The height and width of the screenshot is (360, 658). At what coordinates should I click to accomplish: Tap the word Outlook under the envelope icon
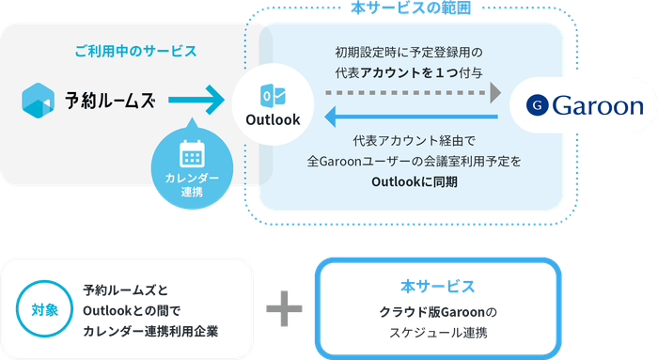coord(273,119)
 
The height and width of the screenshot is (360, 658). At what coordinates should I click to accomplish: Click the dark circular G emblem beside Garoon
coord(538,105)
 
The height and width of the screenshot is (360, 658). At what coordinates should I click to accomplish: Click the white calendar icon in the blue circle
coord(192,153)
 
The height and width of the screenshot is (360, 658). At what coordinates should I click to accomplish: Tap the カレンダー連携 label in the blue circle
coord(192,186)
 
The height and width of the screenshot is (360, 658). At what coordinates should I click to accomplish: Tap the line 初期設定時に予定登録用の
coord(413,52)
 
